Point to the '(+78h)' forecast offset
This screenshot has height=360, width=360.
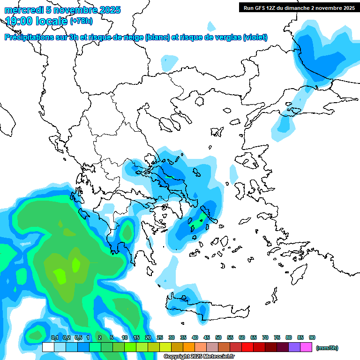tap(82, 21)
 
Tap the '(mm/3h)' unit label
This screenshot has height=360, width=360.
tap(327, 348)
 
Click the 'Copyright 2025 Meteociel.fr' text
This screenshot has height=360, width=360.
tap(196, 357)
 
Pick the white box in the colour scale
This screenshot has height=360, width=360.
tap(48, 347)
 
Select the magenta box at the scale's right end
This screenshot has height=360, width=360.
tap(307, 347)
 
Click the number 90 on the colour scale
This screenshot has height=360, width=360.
tap(312, 338)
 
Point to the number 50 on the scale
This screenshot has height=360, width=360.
tap(218, 338)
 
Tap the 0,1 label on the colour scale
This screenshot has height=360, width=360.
tap(54, 338)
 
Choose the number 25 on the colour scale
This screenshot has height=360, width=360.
tap(160, 338)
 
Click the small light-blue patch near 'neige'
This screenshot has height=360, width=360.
tap(169, 61)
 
